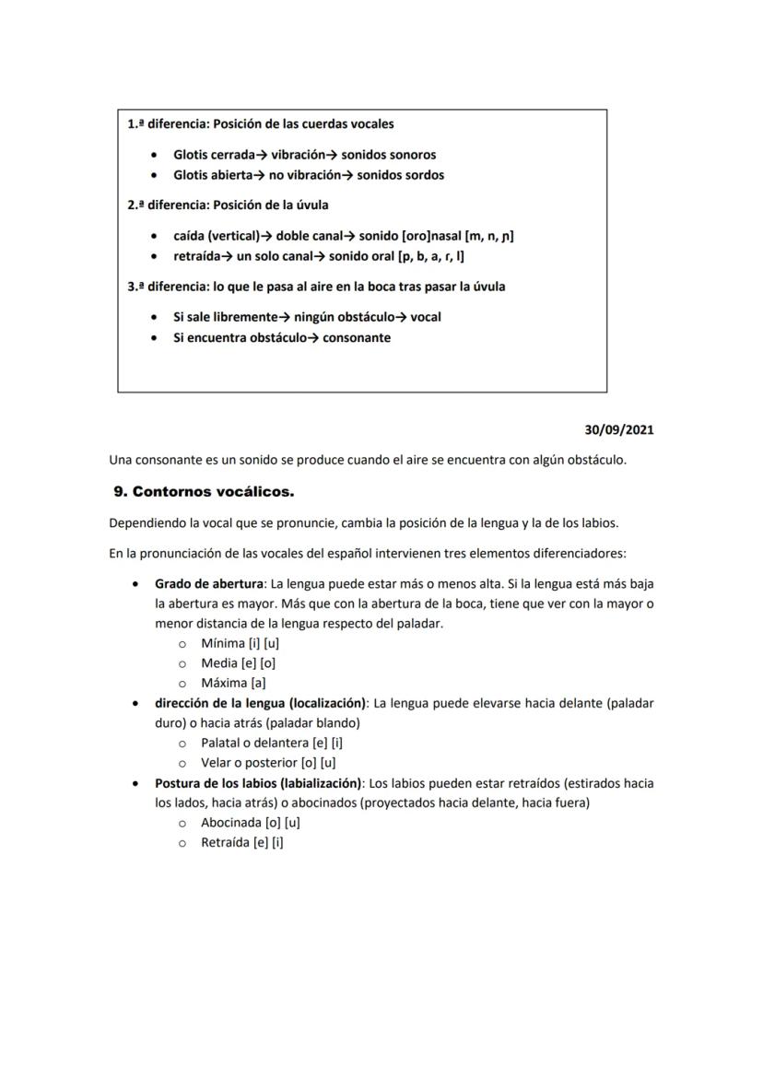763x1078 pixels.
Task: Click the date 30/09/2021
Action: tap(619, 429)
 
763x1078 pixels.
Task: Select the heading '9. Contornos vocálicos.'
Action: tap(204, 492)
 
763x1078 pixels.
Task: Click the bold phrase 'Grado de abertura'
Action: tap(208, 583)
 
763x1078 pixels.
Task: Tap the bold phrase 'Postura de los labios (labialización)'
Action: tap(259, 782)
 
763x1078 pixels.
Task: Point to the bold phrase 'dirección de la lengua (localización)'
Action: tap(261, 702)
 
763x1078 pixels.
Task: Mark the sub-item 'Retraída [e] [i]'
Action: tap(241, 842)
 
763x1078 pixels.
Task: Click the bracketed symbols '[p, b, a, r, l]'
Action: tap(430, 256)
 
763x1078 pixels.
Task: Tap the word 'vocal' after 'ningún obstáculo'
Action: tap(426, 317)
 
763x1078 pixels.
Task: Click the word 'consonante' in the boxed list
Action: tap(356, 337)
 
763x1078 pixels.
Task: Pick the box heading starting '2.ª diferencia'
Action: tap(228, 205)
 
